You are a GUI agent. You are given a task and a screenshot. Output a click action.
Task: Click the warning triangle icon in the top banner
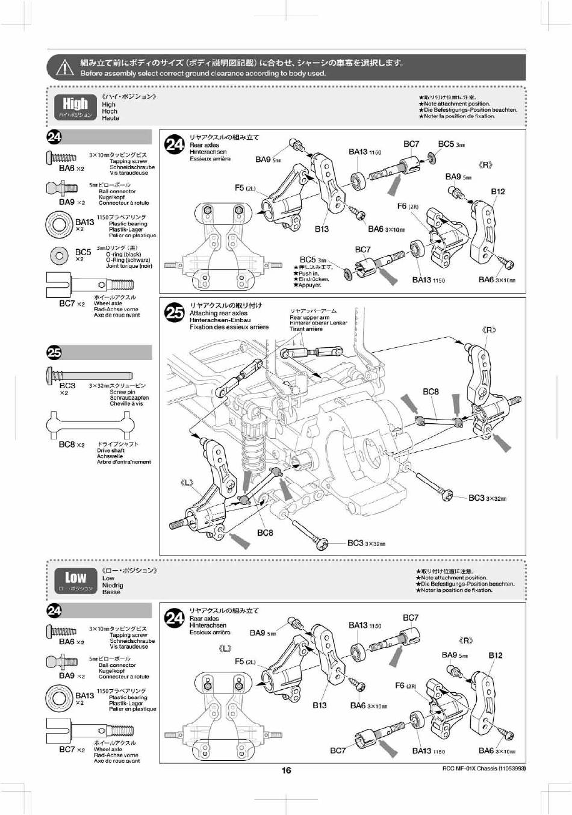[x=64, y=68]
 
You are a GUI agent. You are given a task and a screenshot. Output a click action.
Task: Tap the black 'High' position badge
[x=76, y=107]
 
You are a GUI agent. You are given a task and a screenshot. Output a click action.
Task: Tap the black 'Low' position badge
[x=76, y=580]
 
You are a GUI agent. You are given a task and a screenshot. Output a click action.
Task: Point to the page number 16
[x=286, y=770]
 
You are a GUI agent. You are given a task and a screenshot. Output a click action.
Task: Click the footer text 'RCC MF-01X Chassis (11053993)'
[x=480, y=769]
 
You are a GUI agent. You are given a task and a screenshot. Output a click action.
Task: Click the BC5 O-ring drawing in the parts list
[x=59, y=255]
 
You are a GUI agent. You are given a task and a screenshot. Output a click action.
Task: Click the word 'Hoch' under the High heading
[x=110, y=111]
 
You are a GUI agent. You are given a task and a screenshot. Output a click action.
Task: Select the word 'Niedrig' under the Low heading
[x=113, y=585]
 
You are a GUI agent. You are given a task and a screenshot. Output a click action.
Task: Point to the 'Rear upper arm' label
[x=309, y=317]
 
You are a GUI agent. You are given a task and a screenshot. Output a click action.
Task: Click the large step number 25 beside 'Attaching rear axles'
[x=175, y=313]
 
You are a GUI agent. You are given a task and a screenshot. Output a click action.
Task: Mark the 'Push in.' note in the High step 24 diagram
[x=309, y=273]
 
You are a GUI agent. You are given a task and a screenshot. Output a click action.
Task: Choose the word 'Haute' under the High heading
[x=111, y=119]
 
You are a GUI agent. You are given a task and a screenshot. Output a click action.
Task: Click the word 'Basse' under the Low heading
[x=111, y=592]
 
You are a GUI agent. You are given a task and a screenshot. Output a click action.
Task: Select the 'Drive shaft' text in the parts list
[x=111, y=450]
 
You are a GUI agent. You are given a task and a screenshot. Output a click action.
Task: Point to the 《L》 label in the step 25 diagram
[x=187, y=483]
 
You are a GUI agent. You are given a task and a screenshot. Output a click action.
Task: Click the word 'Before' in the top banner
[x=93, y=73]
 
